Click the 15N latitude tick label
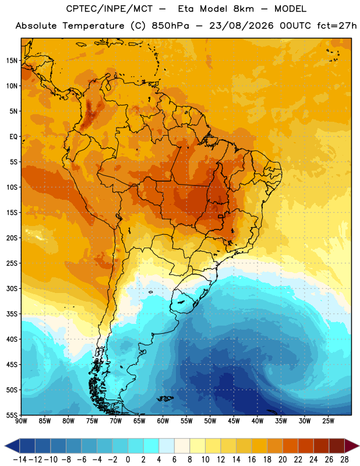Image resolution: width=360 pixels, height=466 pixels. point(12,61)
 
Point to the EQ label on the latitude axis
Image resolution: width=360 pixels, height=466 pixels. point(13,137)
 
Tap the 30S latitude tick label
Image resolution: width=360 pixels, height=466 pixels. point(12,288)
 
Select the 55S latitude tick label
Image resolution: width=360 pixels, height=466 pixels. point(12,415)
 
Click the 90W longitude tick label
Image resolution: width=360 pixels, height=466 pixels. point(21,421)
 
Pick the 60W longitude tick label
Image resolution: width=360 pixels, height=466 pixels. point(163,421)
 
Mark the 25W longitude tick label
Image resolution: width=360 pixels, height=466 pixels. point(328,421)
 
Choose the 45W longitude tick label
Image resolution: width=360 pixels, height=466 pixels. point(234,421)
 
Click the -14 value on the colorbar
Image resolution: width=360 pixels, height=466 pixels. point(20,460)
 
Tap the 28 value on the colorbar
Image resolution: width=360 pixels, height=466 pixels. point(344,460)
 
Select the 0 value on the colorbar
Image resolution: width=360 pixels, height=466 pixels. point(128,460)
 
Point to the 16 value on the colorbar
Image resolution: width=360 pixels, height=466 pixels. point(252,460)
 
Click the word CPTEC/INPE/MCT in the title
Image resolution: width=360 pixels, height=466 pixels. point(110,9)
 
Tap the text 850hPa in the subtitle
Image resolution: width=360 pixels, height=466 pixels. point(170,26)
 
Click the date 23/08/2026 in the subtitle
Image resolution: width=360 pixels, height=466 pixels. point(241,26)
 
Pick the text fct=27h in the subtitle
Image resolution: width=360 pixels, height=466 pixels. point(337,26)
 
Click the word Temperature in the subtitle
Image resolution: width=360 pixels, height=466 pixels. point(93,26)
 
